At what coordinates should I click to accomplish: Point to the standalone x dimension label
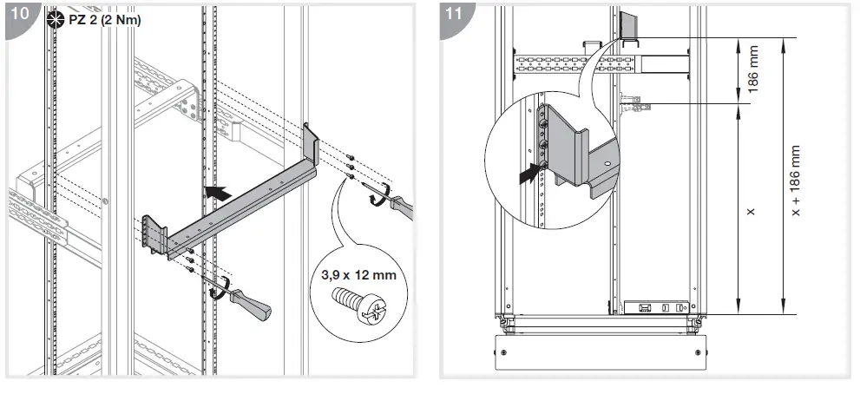752,211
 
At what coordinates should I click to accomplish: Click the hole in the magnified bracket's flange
607,162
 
